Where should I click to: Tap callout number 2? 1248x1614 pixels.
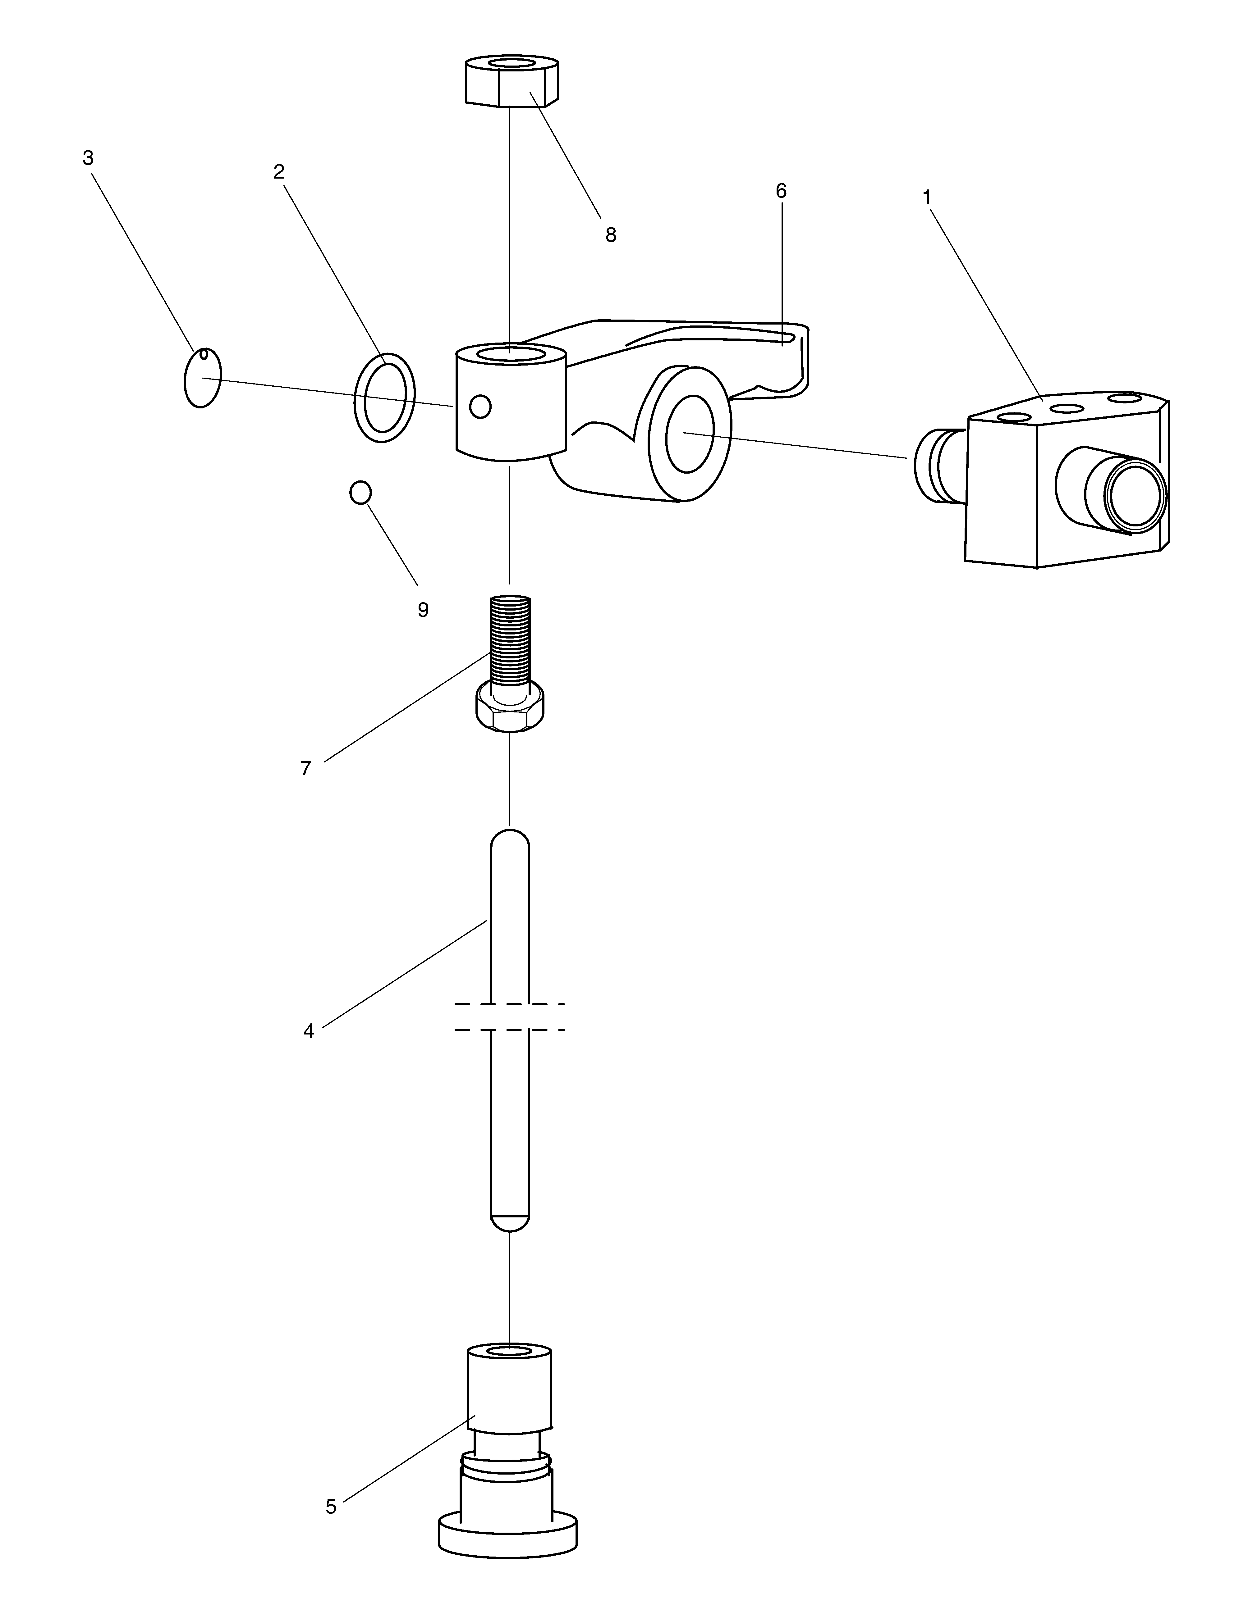click(279, 171)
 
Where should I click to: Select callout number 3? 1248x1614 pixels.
click(88, 157)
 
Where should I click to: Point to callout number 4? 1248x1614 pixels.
click(309, 1031)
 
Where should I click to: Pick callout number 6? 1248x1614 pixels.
click(782, 191)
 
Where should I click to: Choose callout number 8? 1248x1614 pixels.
click(611, 235)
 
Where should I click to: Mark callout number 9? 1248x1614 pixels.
click(423, 610)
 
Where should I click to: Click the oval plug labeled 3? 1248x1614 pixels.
click(202, 378)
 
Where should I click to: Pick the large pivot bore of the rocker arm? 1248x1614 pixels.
click(690, 433)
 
